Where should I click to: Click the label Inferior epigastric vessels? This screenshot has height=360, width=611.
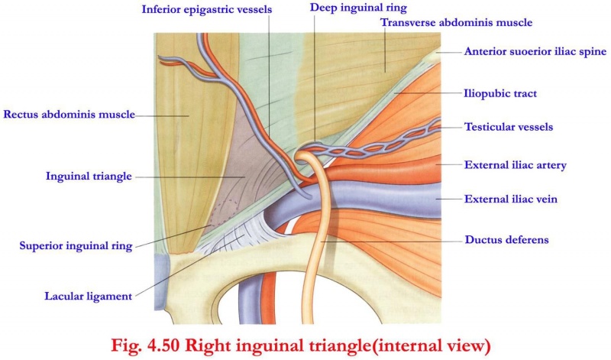(x=209, y=10)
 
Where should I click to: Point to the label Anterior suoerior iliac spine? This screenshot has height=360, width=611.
(x=535, y=52)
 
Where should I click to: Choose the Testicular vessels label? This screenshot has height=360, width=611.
(x=508, y=127)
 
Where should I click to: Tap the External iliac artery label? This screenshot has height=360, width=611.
(x=515, y=164)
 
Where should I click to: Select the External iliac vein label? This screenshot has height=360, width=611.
(x=511, y=199)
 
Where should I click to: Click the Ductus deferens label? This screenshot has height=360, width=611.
(x=506, y=240)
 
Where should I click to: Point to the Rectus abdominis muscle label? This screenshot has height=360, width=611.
(x=69, y=115)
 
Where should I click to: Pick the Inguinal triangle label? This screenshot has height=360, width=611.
(x=89, y=176)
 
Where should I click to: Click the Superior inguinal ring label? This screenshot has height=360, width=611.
(x=76, y=246)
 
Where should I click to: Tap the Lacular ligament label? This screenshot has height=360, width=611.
(x=88, y=296)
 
